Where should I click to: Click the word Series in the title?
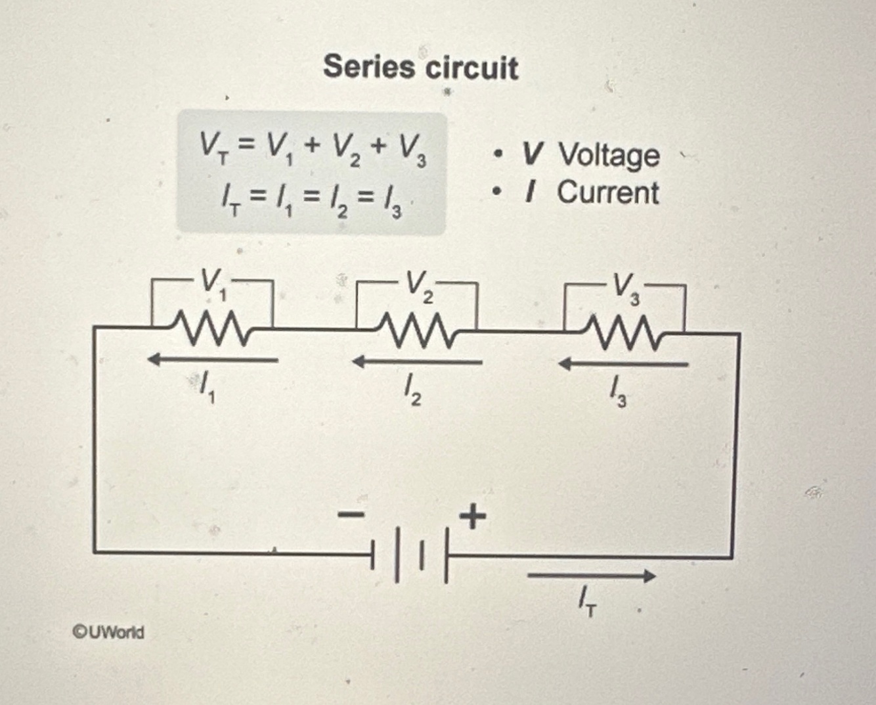[x=369, y=67]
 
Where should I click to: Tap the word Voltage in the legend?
[x=609, y=155]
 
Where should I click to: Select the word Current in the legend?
[x=608, y=193]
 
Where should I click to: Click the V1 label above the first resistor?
[x=212, y=284]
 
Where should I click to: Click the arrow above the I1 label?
[x=212, y=359]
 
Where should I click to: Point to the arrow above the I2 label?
[x=417, y=361]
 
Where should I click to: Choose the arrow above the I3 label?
[x=623, y=363]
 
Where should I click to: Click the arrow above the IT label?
[x=591, y=576]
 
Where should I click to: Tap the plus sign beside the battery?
[x=473, y=516]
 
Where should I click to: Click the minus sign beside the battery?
[x=351, y=515]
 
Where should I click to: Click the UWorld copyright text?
[x=108, y=632]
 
